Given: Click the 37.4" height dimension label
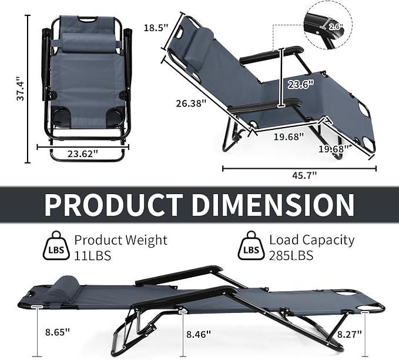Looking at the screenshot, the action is point(21,88).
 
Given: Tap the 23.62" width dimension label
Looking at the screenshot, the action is point(83,154).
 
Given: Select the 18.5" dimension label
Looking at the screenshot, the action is point(156,28).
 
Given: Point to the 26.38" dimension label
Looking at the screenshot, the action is point(191,104).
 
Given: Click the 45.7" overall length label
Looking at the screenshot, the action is point(304,175).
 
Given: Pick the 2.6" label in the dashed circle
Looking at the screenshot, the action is point(336,26).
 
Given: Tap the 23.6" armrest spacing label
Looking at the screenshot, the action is point(300,84).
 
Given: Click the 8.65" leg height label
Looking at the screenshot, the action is point(58,332).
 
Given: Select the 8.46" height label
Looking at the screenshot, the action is point(199,334).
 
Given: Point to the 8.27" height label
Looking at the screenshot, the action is point(350,334).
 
